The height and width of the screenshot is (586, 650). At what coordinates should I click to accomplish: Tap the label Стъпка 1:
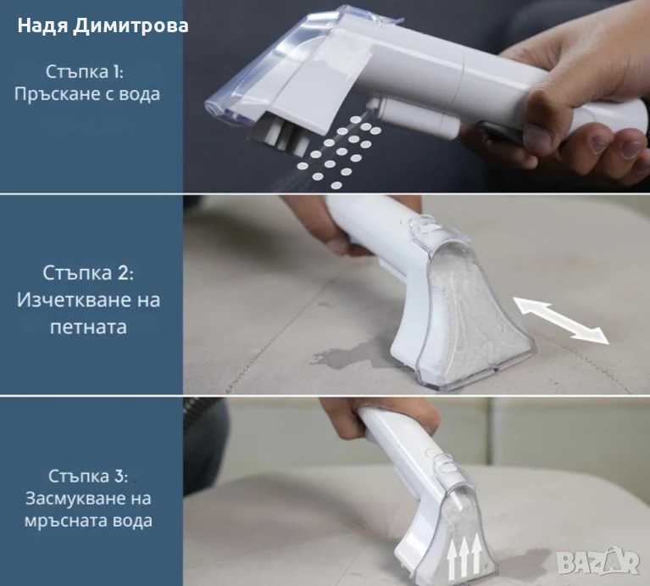84,71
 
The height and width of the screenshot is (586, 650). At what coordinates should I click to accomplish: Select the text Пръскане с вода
87,94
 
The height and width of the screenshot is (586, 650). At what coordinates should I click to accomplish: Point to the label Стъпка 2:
88,273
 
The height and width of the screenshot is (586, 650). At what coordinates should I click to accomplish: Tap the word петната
88,327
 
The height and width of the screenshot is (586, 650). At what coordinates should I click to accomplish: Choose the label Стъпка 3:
88,476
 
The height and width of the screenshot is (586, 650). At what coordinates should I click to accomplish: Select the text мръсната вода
88,521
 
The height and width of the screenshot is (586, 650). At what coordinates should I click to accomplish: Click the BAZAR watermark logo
597,563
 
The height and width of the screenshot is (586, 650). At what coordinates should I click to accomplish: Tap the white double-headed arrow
561,321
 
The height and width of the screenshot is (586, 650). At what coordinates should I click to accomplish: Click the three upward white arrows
464,555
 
